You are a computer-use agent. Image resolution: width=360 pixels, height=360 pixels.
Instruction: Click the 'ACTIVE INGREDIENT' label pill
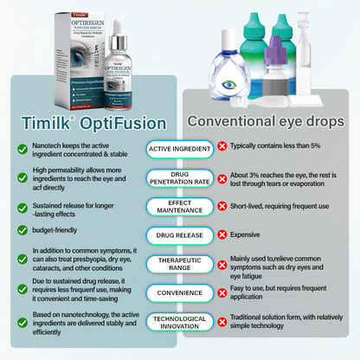click(x=179, y=149)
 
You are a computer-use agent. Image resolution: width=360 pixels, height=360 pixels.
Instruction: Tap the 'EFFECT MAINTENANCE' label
click(x=179, y=206)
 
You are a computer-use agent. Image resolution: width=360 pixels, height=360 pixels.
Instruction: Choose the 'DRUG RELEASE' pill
click(x=179, y=235)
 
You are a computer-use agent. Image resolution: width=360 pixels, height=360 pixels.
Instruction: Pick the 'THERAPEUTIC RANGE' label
click(x=179, y=264)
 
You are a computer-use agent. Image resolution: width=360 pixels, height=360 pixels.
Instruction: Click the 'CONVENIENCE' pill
click(x=179, y=292)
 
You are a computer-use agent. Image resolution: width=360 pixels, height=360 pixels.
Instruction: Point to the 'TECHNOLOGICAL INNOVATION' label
click(x=179, y=321)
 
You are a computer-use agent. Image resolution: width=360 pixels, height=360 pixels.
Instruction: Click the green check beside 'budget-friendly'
click(x=20, y=231)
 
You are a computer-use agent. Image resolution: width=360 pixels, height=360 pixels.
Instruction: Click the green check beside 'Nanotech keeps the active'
click(x=20, y=149)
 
